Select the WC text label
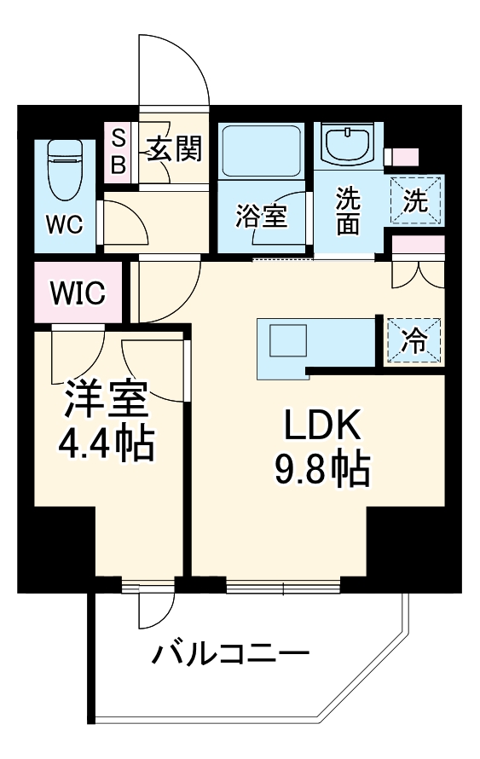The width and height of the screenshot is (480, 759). point(64,224)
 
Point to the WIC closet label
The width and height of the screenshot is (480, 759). point(77,294)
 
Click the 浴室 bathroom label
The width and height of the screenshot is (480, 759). point(261,216)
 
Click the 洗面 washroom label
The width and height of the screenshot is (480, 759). point(347,211)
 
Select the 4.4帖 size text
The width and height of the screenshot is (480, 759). point(107,443)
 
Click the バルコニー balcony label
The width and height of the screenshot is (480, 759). point(230,655)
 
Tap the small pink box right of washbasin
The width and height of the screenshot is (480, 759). point(402,158)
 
